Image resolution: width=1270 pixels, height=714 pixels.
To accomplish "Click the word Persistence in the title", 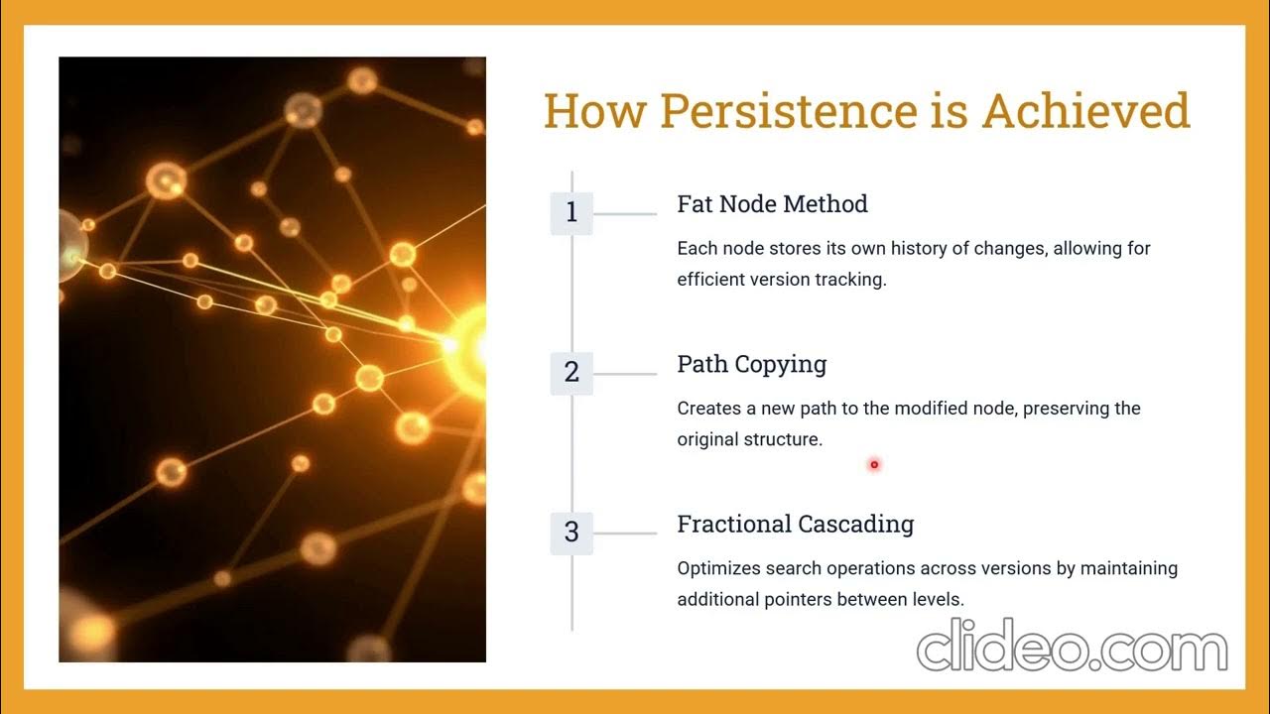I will [789, 111].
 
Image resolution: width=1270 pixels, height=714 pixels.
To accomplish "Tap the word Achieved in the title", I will [1085, 111].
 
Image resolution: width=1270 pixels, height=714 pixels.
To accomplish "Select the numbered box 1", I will [571, 213].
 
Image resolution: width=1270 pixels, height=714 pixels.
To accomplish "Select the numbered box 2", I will [571, 373].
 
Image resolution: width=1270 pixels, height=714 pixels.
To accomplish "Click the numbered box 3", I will [571, 533].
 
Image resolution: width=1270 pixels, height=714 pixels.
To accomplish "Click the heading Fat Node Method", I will [772, 204].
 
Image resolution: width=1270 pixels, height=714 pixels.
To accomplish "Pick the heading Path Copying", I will [751, 364].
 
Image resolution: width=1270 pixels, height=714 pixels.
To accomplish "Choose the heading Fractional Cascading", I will [795, 524].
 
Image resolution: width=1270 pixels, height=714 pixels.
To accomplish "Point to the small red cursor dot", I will [874, 464].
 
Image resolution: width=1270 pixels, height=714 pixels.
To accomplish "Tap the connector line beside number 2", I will [625, 374].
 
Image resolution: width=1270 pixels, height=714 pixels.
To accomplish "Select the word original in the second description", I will [707, 439].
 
